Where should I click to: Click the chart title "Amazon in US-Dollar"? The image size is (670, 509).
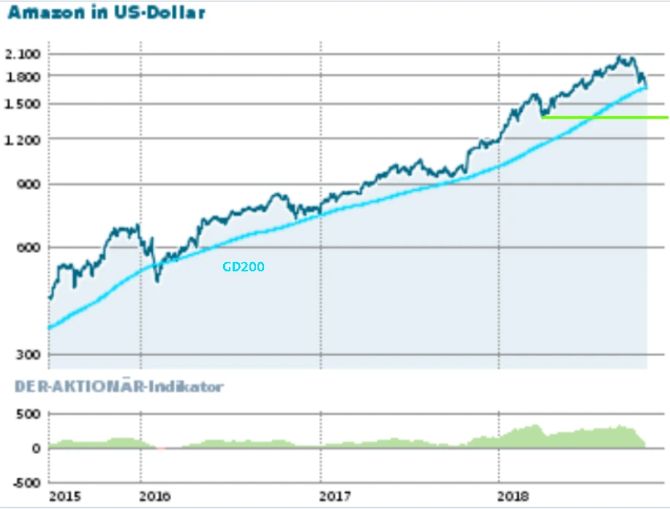(x=106, y=12)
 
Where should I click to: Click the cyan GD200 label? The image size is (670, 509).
(x=244, y=267)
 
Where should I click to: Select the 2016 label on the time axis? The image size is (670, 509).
(x=154, y=497)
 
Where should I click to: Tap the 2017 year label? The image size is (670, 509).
(x=335, y=497)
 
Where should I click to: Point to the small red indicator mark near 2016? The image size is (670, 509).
(x=160, y=448)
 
